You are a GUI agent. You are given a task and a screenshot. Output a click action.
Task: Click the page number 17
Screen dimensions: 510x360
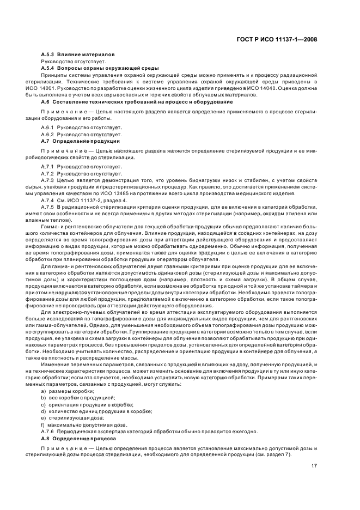tap(314, 466)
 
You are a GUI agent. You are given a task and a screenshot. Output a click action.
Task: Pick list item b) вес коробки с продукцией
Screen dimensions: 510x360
tap(79, 398)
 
